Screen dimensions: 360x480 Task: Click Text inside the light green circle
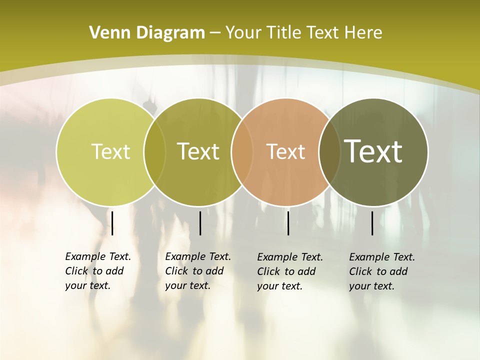pyautogui.click(x=110, y=151)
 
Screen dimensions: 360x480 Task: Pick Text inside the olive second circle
pyautogui.click(x=198, y=151)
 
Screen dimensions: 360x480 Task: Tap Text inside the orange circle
pyautogui.click(x=286, y=151)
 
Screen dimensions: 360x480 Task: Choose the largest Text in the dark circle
pyautogui.click(x=373, y=151)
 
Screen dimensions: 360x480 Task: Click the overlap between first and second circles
pyautogui.click(x=154, y=152)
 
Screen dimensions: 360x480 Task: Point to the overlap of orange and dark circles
pyautogui.click(x=329, y=152)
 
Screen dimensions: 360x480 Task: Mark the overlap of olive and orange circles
pyautogui.click(x=242, y=152)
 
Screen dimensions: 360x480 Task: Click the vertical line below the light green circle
pyautogui.click(x=112, y=223)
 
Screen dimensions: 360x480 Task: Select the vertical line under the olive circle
pyautogui.click(x=200, y=223)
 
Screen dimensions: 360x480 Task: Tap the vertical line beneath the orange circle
pyautogui.click(x=288, y=223)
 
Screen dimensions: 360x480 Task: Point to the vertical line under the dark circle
pyautogui.click(x=372, y=223)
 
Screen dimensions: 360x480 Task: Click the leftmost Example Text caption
pyautogui.click(x=98, y=271)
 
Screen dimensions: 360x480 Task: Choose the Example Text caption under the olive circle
pyautogui.click(x=198, y=271)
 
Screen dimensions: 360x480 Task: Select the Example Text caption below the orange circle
pyautogui.click(x=290, y=271)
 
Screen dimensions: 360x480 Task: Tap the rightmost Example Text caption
pyautogui.click(x=382, y=271)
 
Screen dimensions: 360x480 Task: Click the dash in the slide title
pyautogui.click(x=215, y=33)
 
